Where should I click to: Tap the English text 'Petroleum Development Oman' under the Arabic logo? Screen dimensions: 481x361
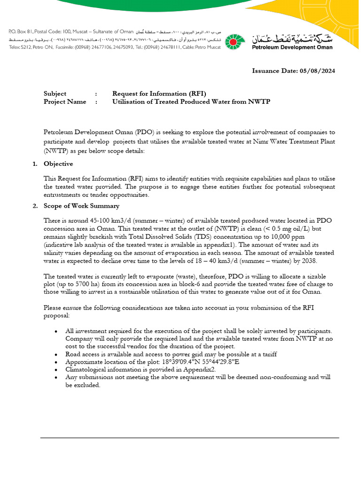click(292, 47)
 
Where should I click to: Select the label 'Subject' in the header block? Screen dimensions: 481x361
click(55, 93)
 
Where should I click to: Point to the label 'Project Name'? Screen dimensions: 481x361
click(65, 101)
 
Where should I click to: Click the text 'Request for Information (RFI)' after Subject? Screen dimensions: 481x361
click(159, 93)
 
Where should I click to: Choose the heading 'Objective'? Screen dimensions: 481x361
click(58, 164)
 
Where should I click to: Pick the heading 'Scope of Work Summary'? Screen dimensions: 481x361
click(81, 206)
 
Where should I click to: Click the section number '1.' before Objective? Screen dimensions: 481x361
click(35, 164)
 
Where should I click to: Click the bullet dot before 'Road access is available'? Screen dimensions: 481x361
click(56, 355)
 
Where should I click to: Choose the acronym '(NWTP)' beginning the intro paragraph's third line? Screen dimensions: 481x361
click(55, 150)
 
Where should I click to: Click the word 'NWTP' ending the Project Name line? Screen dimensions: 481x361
click(260, 101)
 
